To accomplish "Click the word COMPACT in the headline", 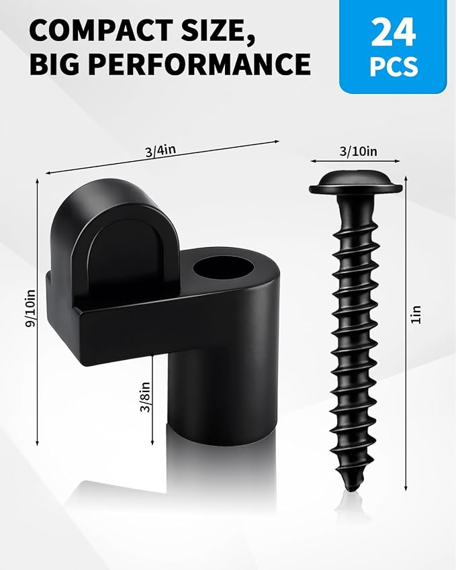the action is coord(99,30).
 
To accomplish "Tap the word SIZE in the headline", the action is coord(216,32).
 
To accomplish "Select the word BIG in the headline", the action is coord(54,64).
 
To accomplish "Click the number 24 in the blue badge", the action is coord(393,32).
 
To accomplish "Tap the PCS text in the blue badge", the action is coord(394,66).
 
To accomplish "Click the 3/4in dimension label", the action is coord(161,150).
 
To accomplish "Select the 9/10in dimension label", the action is coord(30,308).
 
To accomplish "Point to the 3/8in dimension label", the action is coord(145,397).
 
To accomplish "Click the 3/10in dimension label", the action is coord(358,151).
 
